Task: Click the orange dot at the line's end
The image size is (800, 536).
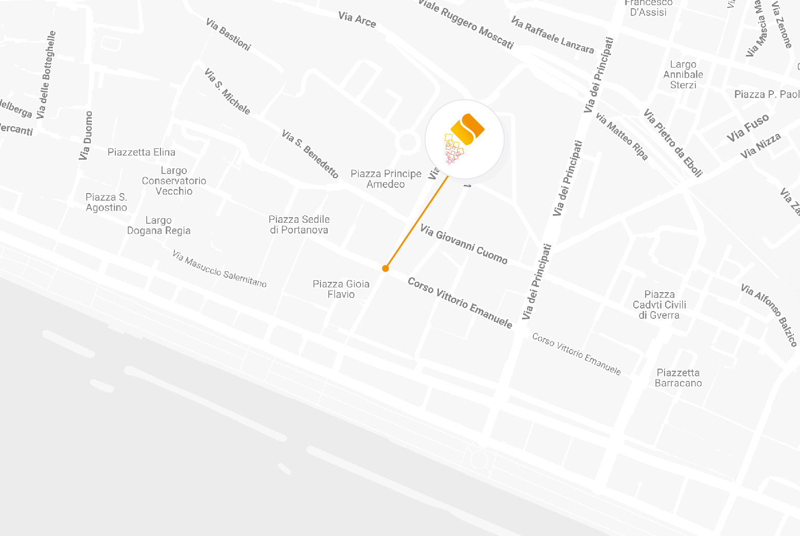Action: pyautogui.click(x=385, y=269)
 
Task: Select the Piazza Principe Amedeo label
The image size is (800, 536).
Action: pyautogui.click(x=386, y=179)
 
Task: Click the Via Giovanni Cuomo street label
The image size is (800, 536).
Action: pyautogui.click(x=464, y=244)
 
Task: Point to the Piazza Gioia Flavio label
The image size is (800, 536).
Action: pyautogui.click(x=341, y=289)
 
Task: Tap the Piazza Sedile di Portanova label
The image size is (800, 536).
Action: pyautogui.click(x=299, y=225)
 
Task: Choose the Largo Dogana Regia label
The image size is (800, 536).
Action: pyautogui.click(x=158, y=225)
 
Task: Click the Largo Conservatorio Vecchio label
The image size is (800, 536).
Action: pyautogui.click(x=174, y=181)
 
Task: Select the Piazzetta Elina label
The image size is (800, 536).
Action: pyautogui.click(x=142, y=152)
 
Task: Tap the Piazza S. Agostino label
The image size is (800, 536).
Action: pyautogui.click(x=107, y=202)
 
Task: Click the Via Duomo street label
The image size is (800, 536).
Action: pyautogui.click(x=86, y=136)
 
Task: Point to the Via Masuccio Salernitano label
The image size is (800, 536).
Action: pyautogui.click(x=219, y=269)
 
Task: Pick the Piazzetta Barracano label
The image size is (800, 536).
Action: pyautogui.click(x=678, y=378)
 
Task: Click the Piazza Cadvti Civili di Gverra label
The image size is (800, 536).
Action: pyautogui.click(x=659, y=305)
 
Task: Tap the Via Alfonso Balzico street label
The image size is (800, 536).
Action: pyautogui.click(x=769, y=315)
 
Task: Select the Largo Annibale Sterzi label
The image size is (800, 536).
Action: pyautogui.click(x=683, y=74)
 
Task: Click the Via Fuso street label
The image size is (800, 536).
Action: pyautogui.click(x=748, y=128)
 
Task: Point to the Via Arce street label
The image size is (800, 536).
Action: pyautogui.click(x=357, y=20)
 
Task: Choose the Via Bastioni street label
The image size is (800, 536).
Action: pyautogui.click(x=228, y=35)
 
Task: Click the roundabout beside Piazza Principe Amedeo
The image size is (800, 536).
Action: pyautogui.click(x=407, y=142)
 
